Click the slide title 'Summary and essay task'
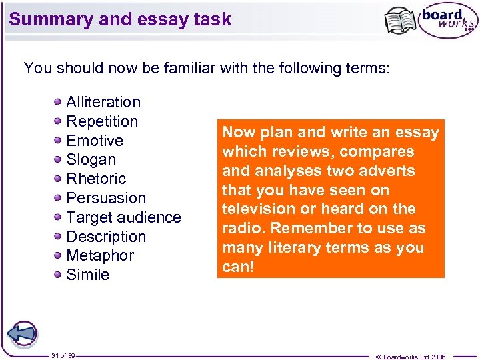click(121, 19)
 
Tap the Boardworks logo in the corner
click(431, 21)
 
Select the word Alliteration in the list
click(103, 102)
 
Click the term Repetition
click(102, 121)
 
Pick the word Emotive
click(95, 141)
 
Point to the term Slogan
click(91, 160)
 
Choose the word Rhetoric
click(96, 179)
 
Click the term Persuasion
click(106, 198)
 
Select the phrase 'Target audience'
click(123, 217)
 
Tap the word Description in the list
click(106, 237)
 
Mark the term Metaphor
click(100, 255)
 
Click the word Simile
click(88, 275)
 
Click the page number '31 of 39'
click(63, 356)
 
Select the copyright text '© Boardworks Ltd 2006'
click(411, 357)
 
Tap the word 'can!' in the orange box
click(238, 266)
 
